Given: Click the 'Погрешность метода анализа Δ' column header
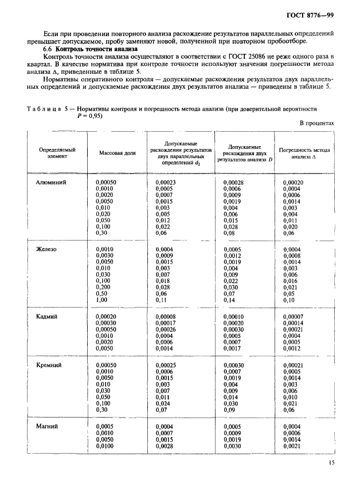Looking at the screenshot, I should pyautogui.click(x=304, y=153).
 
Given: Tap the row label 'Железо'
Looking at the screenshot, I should pyautogui.click(x=47, y=250).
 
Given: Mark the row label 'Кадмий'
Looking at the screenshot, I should pyautogui.click(x=48, y=316).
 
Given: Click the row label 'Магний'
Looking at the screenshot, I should pyautogui.click(x=48, y=426).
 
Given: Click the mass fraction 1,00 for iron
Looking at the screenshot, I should pyautogui.click(x=101, y=300).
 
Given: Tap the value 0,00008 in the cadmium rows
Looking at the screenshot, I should pyautogui.click(x=167, y=316).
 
